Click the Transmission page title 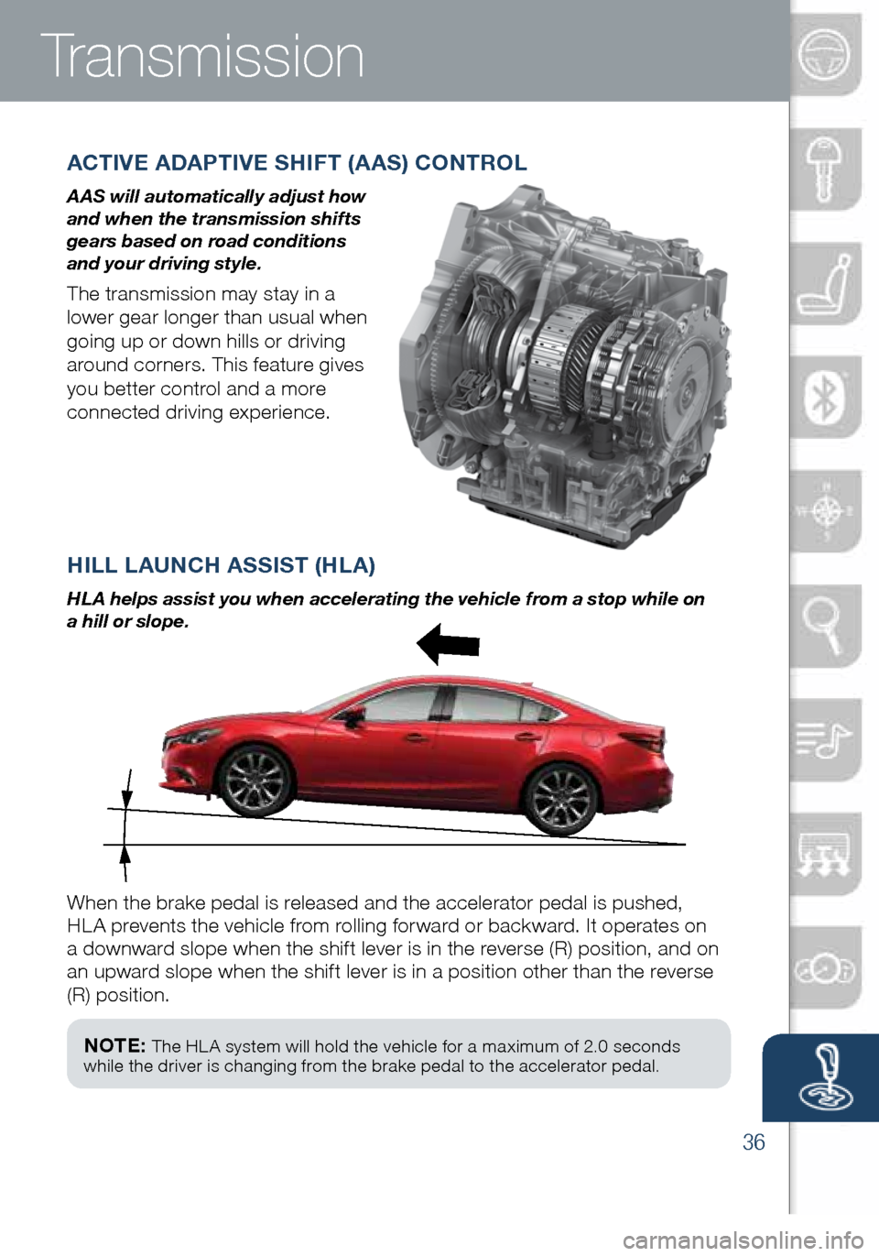click(x=202, y=57)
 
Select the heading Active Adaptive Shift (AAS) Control click(x=297, y=163)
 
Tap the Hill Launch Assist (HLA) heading click(x=221, y=565)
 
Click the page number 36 click(x=754, y=1141)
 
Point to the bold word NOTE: click(x=114, y=1045)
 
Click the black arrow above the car click(x=448, y=644)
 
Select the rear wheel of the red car click(x=560, y=799)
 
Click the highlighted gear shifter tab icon click(x=824, y=1077)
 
